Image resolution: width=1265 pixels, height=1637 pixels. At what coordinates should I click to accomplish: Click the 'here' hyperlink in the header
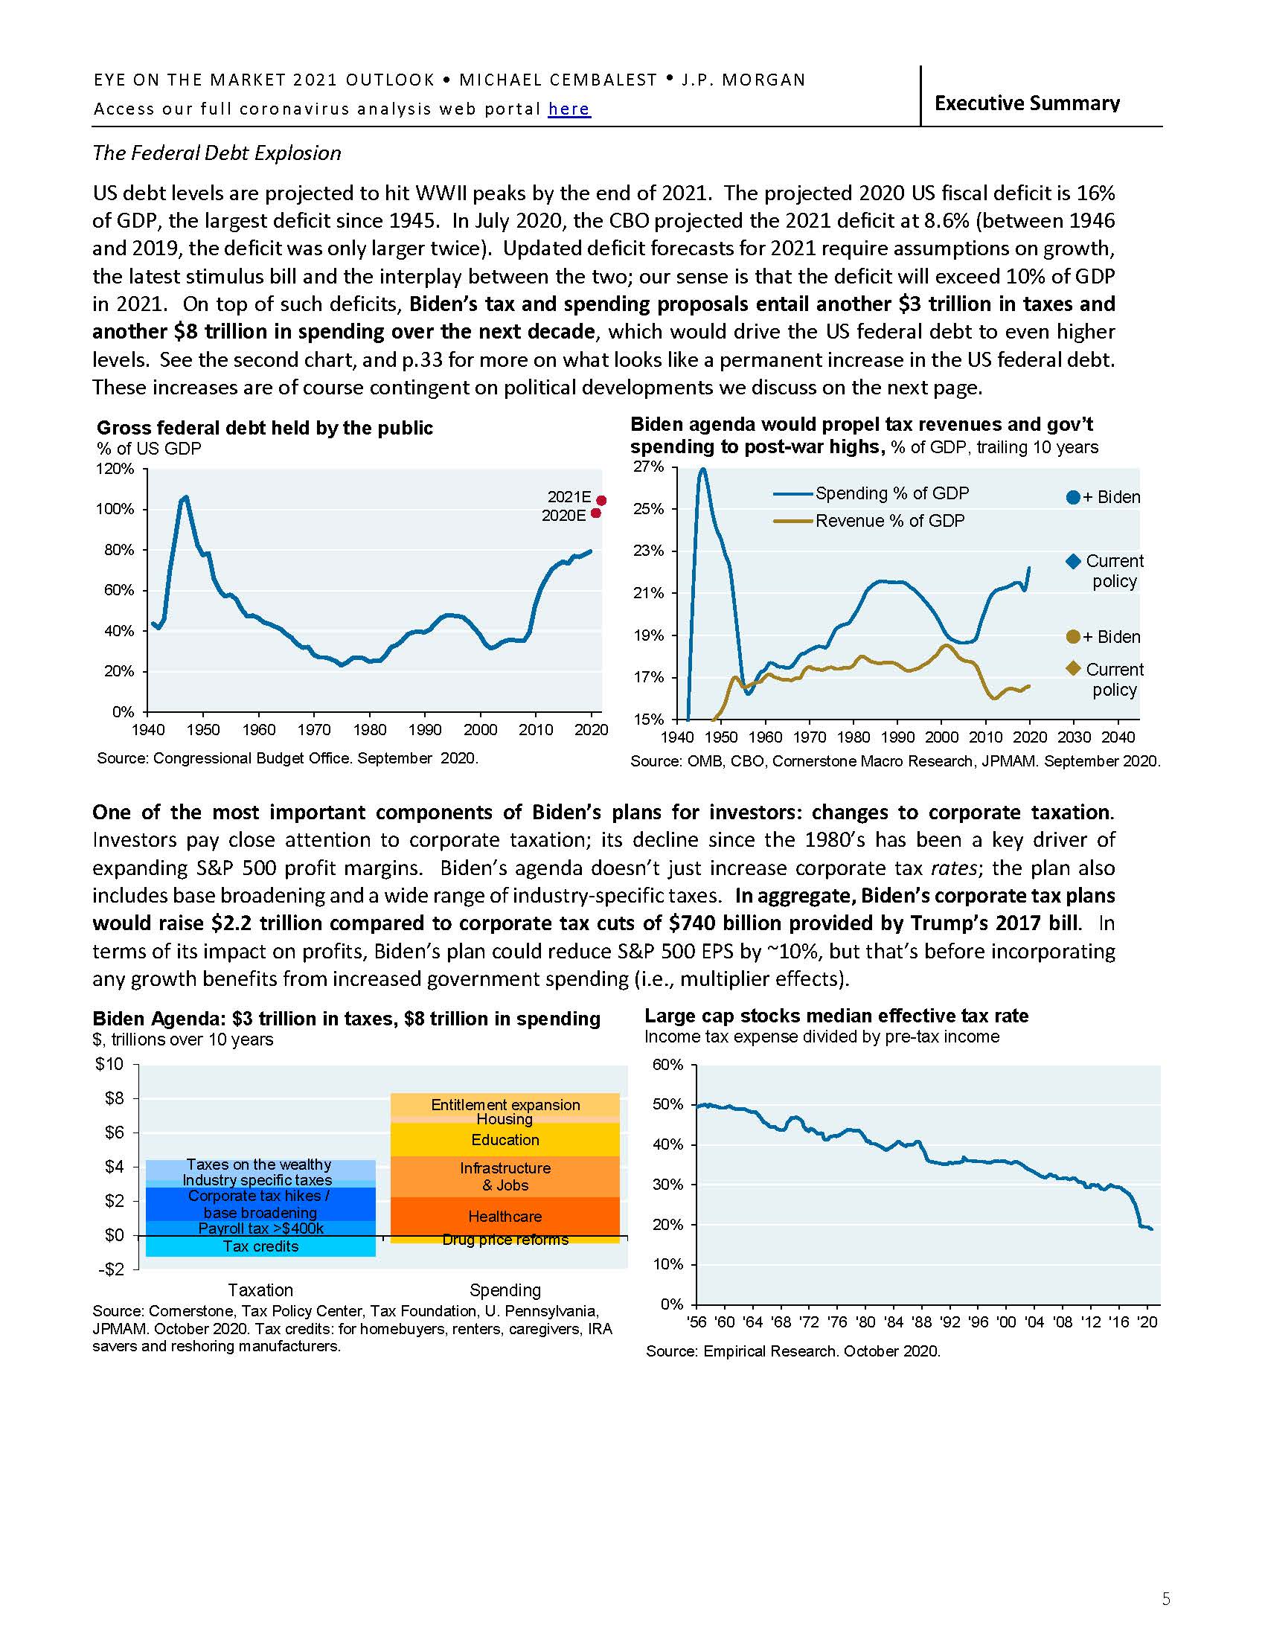[x=569, y=109]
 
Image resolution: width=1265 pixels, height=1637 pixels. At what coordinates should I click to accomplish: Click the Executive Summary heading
[x=1027, y=103]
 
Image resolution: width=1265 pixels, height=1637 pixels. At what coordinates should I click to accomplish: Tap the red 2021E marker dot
[x=601, y=500]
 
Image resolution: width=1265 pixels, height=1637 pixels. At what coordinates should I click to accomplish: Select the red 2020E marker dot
[x=596, y=513]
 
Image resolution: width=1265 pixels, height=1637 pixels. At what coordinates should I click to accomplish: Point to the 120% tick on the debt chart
[x=116, y=470]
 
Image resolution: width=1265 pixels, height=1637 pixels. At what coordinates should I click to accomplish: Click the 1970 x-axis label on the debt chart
[x=314, y=730]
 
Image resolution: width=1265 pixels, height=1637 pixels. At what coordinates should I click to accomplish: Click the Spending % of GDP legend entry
[x=891, y=493]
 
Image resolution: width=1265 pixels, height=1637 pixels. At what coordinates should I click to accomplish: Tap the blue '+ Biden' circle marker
[x=1072, y=497]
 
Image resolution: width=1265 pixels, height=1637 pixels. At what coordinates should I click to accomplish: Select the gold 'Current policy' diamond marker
[x=1072, y=668]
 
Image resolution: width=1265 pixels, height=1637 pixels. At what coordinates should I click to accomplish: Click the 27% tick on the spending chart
[x=649, y=467]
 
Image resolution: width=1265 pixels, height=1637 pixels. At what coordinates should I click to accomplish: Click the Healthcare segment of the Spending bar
[x=505, y=1217]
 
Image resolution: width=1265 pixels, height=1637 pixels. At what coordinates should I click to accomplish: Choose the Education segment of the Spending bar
[x=505, y=1140]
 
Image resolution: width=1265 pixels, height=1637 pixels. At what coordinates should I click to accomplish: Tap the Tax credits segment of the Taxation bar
[x=260, y=1246]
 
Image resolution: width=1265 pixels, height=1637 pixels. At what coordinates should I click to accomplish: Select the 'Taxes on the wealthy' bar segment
[x=259, y=1165]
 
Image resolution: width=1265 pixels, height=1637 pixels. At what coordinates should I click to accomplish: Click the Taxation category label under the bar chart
[x=260, y=1290]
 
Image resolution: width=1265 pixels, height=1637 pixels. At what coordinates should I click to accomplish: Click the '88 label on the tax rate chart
[x=921, y=1322]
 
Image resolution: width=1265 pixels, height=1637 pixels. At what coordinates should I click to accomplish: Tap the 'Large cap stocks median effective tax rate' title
[x=836, y=1016]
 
